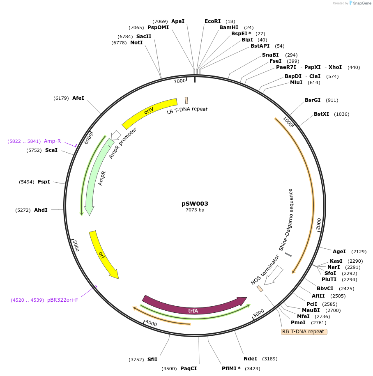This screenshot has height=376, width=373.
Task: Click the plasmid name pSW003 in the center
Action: [x=195, y=204]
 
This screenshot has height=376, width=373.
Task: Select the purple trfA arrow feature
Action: [x=193, y=307]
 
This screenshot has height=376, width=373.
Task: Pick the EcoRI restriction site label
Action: [x=212, y=21]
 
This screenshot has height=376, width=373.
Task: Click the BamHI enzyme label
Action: [x=229, y=28]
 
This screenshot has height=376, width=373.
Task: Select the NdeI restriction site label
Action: [x=250, y=359]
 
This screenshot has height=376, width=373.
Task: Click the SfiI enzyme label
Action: [x=152, y=360]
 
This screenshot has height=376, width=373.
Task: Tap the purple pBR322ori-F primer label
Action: [x=62, y=300]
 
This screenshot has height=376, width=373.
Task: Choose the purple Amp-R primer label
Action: [x=52, y=141]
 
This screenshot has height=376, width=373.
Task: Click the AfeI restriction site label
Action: [x=78, y=98]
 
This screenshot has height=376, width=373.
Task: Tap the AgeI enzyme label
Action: [x=339, y=252]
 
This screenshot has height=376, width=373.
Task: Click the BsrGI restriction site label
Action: [x=313, y=100]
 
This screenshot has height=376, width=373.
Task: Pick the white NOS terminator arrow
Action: [x=273, y=275]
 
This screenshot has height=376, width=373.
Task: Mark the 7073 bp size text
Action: [x=195, y=210]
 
